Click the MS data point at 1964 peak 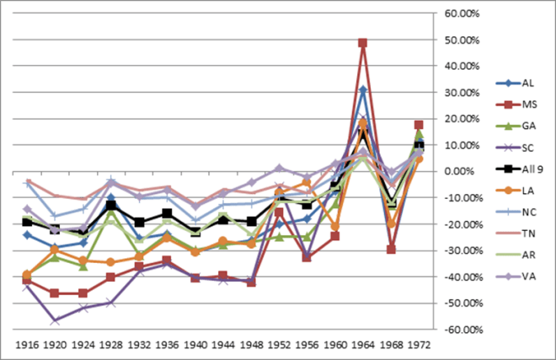pyautogui.click(x=362, y=43)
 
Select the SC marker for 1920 pyautogui.click(x=55, y=321)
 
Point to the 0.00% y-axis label pyautogui.click(x=462, y=171)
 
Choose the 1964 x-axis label pyautogui.click(x=362, y=346)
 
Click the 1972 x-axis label pyautogui.click(x=418, y=346)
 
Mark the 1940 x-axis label pyautogui.click(x=195, y=346)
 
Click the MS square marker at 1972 pyautogui.click(x=419, y=125)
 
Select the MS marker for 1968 pyautogui.click(x=391, y=249)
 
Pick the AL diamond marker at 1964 pyautogui.click(x=362, y=90)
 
